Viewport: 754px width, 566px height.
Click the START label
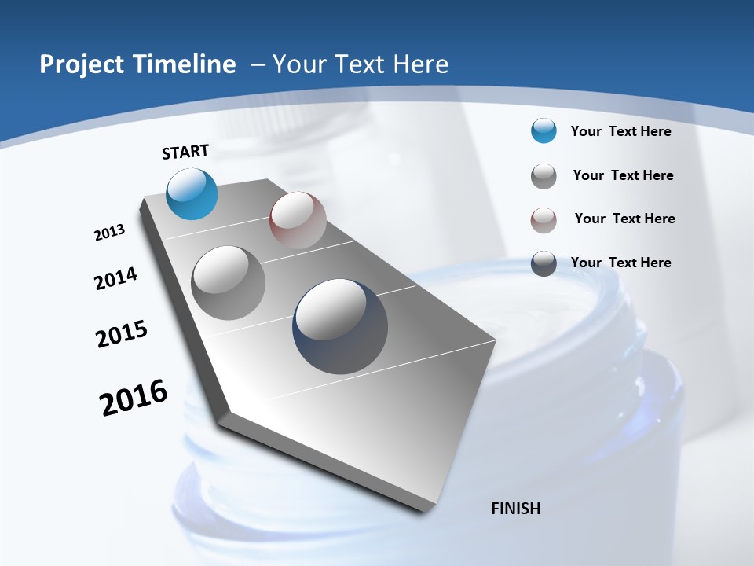(x=185, y=152)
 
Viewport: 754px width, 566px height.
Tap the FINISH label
(x=516, y=509)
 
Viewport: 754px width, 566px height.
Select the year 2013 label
(x=109, y=233)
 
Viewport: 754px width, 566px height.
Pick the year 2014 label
(x=116, y=278)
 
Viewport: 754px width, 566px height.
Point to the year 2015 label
(x=122, y=334)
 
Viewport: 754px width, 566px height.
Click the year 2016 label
(x=134, y=398)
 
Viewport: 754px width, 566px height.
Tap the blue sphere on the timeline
(x=192, y=193)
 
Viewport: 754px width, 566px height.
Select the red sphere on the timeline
(x=298, y=220)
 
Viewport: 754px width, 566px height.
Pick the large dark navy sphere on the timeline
(x=340, y=325)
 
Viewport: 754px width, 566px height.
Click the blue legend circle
(x=544, y=131)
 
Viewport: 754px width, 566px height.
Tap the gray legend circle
(x=544, y=176)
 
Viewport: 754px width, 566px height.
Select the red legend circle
(x=544, y=219)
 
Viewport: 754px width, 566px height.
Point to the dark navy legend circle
(x=544, y=263)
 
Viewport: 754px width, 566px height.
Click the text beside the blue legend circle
(x=620, y=131)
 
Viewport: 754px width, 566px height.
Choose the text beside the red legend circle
(x=624, y=219)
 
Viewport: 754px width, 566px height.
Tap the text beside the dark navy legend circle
(x=620, y=263)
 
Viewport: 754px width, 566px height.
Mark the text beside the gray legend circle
(x=623, y=175)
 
